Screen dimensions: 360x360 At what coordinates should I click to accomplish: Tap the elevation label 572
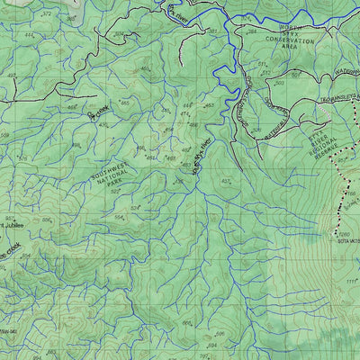pyautogui.click(x=45, y=14)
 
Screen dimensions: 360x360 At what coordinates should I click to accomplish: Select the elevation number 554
pyautogui.click(x=118, y=217)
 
